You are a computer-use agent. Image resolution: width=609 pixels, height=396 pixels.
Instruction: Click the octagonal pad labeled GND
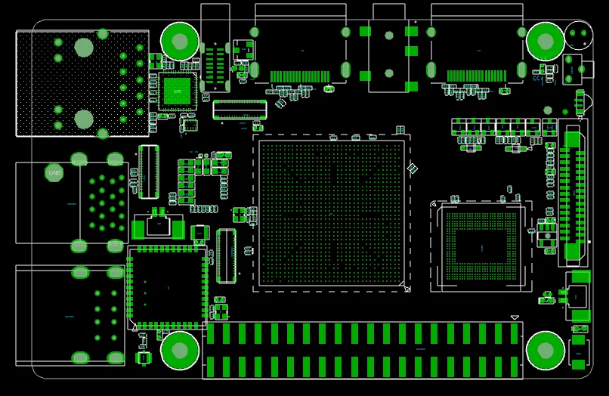point(54,173)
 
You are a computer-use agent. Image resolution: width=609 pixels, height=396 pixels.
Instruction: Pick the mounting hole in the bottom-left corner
point(180,350)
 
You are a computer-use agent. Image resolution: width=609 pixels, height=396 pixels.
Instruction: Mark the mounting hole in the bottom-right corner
point(545,350)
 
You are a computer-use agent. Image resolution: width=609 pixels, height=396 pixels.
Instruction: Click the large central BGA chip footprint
point(332,212)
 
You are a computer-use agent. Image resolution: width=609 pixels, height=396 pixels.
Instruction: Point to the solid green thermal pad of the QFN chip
point(178,91)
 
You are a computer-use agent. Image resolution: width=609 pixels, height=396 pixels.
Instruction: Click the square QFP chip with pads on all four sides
point(168,287)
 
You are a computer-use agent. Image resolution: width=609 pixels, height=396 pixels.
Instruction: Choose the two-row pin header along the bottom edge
point(363,350)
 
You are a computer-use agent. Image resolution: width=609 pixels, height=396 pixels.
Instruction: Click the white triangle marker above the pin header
point(515,317)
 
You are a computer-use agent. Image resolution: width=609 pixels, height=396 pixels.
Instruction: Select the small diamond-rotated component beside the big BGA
point(413,168)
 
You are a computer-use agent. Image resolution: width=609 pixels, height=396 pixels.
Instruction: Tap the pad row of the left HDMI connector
point(300,76)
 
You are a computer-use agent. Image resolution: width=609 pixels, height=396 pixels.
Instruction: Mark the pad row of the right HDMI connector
point(476,76)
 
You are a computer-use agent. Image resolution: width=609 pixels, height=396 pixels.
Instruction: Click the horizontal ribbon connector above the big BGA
point(240,110)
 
